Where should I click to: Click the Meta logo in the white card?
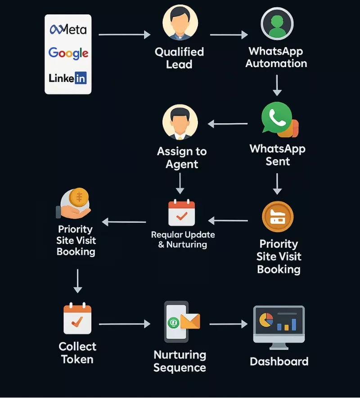pyautogui.click(x=68, y=30)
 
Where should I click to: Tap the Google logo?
pyautogui.click(x=68, y=54)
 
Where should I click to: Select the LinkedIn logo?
pyautogui.click(x=68, y=78)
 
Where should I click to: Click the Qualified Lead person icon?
pyautogui.click(x=180, y=22)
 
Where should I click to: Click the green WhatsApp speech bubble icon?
pyautogui.click(x=277, y=118)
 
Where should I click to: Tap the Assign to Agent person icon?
pyautogui.click(x=180, y=123)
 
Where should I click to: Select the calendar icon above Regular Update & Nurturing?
pyautogui.click(x=181, y=213)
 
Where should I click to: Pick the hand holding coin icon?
pyautogui.click(x=75, y=202)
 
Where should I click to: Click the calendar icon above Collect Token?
pyautogui.click(x=77, y=320)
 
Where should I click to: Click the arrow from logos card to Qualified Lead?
pyautogui.click(x=124, y=35)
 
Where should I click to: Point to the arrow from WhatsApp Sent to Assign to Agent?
pyautogui.click(x=228, y=124)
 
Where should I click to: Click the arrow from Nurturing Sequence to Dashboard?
pyautogui.click(x=229, y=324)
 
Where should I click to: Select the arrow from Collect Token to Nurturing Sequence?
pyautogui.click(x=124, y=324)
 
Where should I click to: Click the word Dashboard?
pyautogui.click(x=279, y=362)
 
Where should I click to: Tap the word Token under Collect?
pyautogui.click(x=77, y=359)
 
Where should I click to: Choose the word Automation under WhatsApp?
pyautogui.click(x=276, y=63)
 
